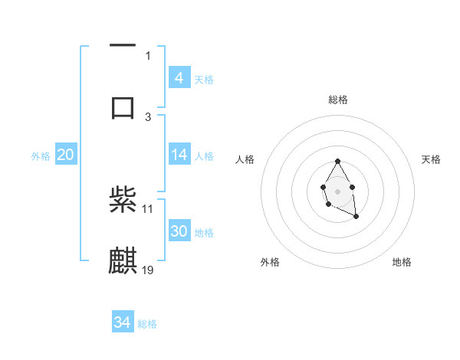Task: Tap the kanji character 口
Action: click(123, 106)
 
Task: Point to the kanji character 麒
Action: click(123, 261)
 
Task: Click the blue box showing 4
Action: click(179, 78)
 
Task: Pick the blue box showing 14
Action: click(179, 155)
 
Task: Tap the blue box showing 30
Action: click(179, 231)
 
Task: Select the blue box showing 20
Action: click(65, 155)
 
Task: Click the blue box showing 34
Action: click(122, 322)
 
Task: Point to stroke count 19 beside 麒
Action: click(148, 270)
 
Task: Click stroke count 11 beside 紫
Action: click(148, 208)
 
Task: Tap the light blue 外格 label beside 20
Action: click(41, 156)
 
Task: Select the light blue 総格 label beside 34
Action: click(147, 324)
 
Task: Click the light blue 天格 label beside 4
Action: click(204, 80)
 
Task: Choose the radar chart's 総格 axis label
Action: click(337, 100)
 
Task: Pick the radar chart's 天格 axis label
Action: click(431, 159)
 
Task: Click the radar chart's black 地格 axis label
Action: click(402, 262)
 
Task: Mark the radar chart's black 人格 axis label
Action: click(245, 159)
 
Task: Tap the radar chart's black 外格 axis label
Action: click(270, 262)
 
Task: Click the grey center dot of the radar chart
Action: click(337, 191)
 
